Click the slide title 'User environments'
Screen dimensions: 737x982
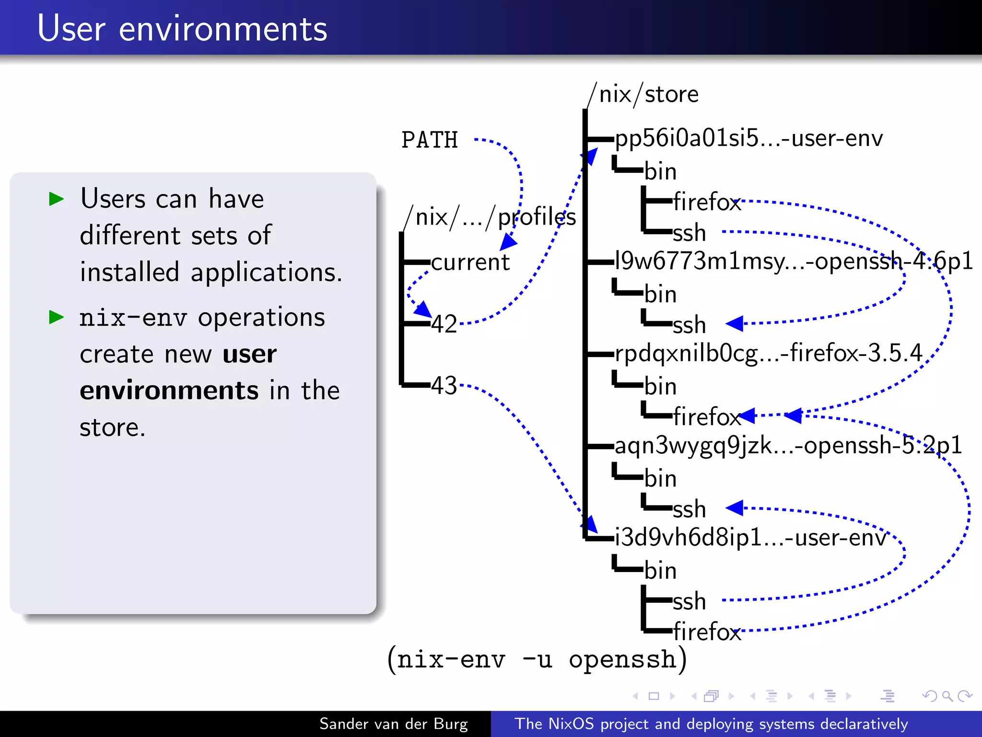(x=182, y=29)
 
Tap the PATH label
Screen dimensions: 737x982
(x=430, y=140)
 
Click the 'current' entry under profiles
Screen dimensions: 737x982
(x=470, y=262)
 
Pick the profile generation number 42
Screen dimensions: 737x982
(x=444, y=324)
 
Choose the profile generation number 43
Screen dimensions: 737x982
(x=444, y=385)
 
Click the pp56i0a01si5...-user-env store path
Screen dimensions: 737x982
(x=748, y=139)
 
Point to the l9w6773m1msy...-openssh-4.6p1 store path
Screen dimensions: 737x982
(x=794, y=262)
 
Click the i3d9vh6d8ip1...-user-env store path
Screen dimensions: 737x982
(x=750, y=538)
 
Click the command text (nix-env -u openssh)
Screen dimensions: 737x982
(x=537, y=659)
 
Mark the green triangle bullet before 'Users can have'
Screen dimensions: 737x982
(x=57, y=199)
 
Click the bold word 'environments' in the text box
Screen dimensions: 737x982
(x=169, y=391)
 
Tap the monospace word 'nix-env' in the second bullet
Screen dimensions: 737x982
(x=133, y=318)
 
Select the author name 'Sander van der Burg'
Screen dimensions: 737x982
(x=393, y=724)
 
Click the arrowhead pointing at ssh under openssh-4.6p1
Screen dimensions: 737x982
(x=735, y=323)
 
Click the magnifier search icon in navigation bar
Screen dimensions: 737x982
(x=947, y=696)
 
